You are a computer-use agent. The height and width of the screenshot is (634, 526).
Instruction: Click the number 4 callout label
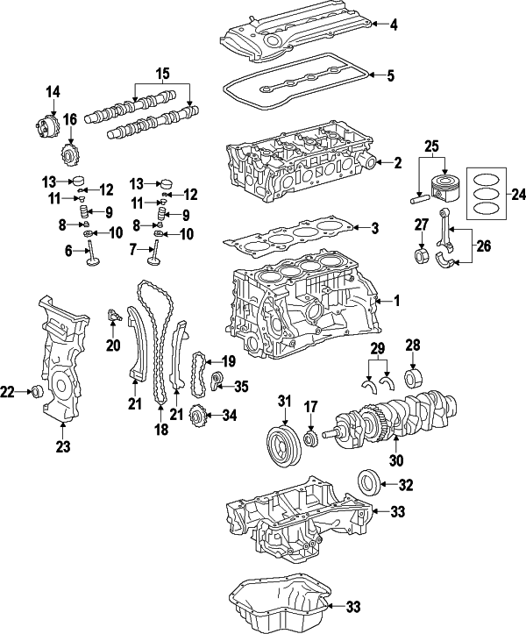394,25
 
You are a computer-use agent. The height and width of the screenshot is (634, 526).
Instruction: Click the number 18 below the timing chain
160,431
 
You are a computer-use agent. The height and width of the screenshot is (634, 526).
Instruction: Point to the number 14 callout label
52,91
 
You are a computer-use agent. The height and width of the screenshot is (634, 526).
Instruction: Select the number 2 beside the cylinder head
397,162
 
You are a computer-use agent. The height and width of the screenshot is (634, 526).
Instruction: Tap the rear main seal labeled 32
368,482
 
